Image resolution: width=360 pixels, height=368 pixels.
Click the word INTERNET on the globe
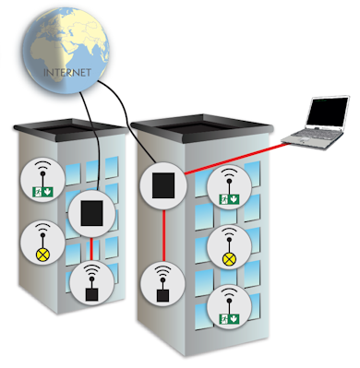coord(67,73)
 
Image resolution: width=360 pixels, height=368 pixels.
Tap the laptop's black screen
coord(328,112)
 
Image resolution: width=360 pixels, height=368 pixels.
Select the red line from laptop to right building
coord(237,159)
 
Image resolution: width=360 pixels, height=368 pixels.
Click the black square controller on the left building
coord(91,213)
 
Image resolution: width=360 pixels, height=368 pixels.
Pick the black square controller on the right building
coord(163,185)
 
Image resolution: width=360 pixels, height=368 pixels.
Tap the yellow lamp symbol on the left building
coord(42,255)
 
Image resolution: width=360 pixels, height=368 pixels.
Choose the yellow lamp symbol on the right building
coord(229,260)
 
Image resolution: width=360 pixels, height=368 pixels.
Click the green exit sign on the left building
coord(43,192)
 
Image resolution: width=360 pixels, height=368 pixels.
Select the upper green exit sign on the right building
coord(229,199)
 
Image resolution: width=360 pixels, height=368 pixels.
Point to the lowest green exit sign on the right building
coord(229,319)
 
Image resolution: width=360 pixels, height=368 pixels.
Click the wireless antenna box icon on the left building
coord(92,294)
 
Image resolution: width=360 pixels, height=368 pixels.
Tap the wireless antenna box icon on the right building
coord(162,295)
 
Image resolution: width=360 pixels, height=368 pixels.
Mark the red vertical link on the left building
coord(91,248)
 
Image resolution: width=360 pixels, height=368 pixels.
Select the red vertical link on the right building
coord(164,235)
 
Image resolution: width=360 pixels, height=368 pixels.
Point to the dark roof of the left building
coord(71,130)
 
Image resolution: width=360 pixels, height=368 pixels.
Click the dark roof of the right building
coord(201,127)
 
